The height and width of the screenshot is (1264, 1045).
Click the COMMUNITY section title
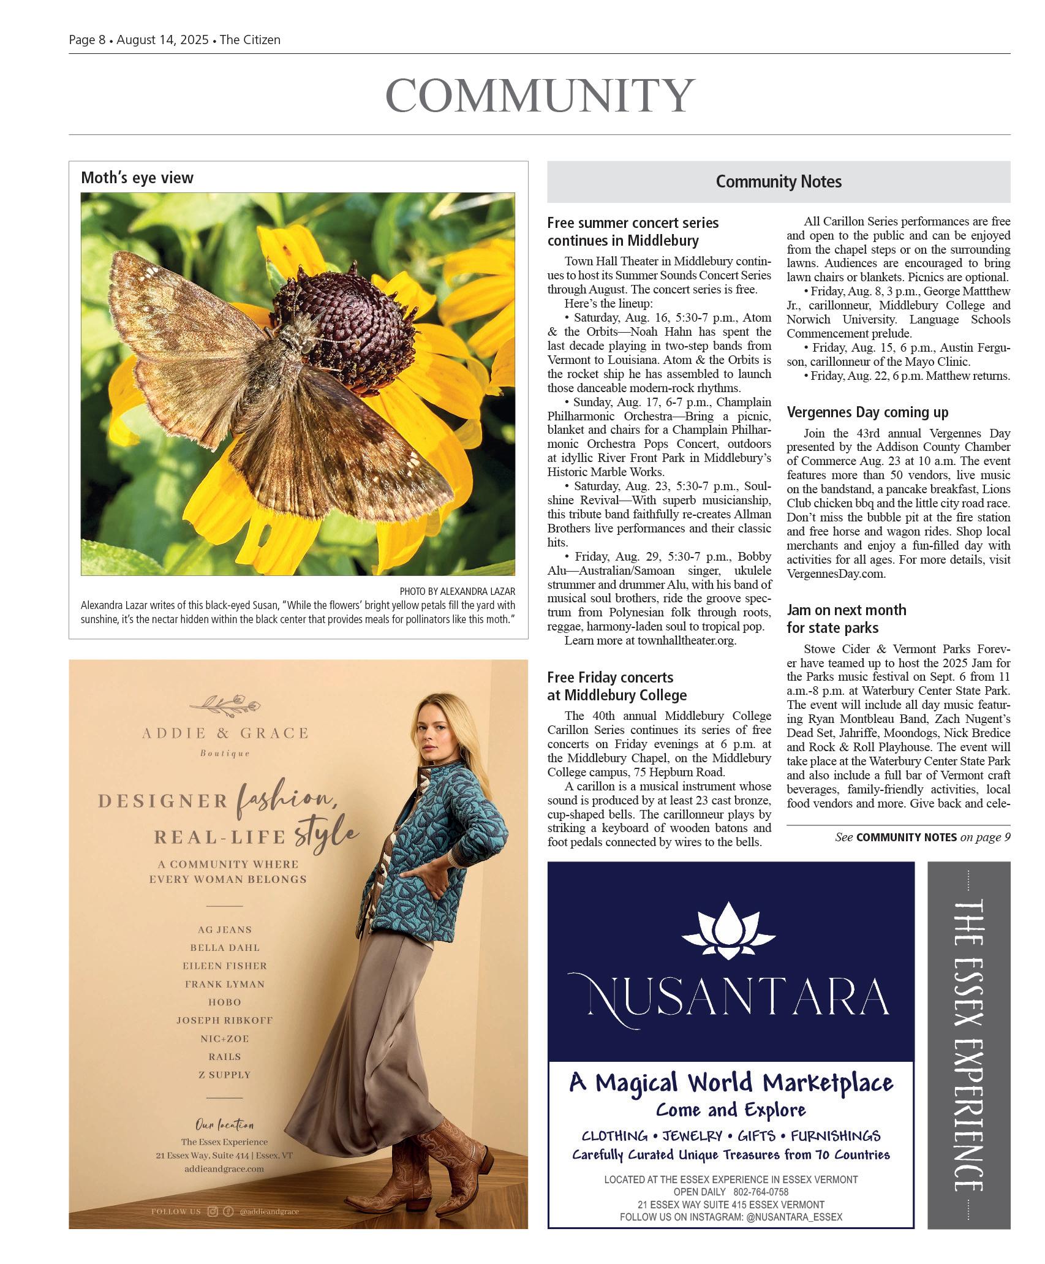(x=540, y=96)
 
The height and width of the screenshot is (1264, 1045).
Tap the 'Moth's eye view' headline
(x=137, y=178)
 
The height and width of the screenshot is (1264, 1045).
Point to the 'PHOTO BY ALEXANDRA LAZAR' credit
(x=457, y=591)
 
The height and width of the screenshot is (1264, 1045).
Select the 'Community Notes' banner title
(x=779, y=181)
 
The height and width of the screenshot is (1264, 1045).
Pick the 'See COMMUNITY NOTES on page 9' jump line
(x=922, y=837)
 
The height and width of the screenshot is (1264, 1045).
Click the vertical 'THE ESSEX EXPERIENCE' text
(x=968, y=1045)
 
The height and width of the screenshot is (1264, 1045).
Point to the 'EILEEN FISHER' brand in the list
(x=225, y=966)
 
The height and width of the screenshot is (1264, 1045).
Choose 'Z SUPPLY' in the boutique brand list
(x=225, y=1074)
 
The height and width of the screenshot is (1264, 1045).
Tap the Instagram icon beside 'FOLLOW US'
(x=213, y=1211)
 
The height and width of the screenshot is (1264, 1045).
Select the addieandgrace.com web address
(x=224, y=1168)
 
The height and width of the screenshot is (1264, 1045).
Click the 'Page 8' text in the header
(x=87, y=40)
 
